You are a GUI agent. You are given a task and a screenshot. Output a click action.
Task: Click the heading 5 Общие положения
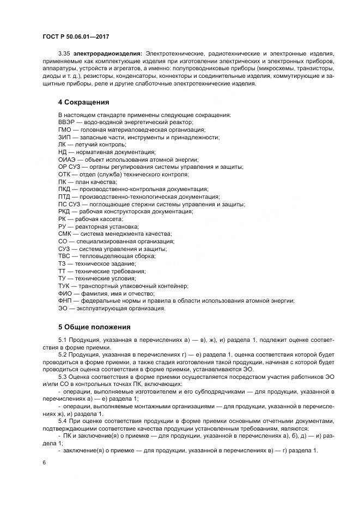[x=94, y=327]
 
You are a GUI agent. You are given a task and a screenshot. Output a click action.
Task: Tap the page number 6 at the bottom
[x=44, y=462]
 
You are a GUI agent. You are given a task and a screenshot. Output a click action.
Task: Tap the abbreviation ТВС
[x=65, y=256]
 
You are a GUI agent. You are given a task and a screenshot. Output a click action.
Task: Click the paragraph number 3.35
[x=64, y=53]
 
